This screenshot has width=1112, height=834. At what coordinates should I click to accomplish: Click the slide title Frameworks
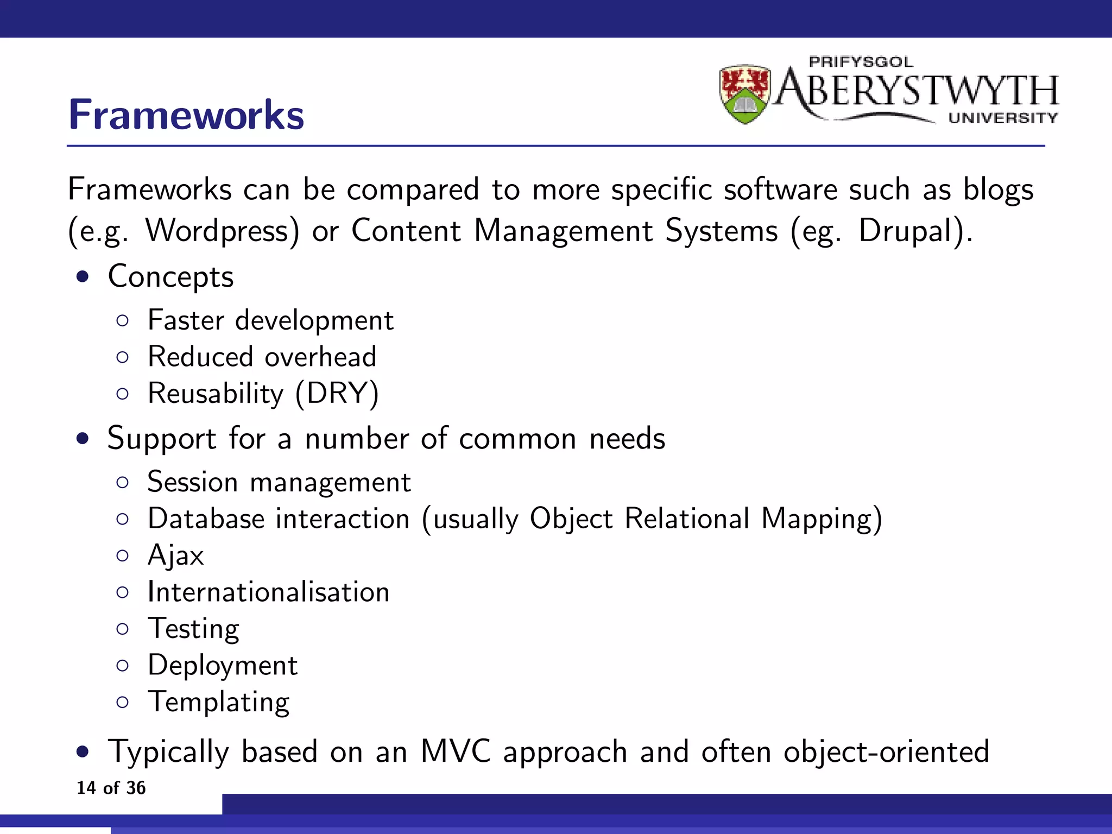(186, 115)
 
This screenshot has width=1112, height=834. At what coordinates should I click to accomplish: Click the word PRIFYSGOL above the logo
(861, 62)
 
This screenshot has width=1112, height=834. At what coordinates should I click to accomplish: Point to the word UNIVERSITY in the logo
(1003, 118)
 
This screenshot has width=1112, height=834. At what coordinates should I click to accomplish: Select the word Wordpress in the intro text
(222, 231)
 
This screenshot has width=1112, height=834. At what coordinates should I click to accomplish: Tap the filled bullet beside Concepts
(83, 277)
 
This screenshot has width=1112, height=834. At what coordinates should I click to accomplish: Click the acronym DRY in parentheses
(337, 393)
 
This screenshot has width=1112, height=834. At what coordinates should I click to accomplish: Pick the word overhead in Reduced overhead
(320, 357)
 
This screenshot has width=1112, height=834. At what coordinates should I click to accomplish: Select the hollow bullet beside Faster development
(123, 321)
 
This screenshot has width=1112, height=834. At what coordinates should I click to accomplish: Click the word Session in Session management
(193, 482)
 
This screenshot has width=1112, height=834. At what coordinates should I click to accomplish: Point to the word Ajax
(176, 555)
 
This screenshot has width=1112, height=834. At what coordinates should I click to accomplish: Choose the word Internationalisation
(269, 592)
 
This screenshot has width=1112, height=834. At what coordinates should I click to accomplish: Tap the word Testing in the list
(194, 629)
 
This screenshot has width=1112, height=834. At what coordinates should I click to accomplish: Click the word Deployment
(223, 665)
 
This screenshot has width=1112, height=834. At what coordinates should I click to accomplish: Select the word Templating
(219, 702)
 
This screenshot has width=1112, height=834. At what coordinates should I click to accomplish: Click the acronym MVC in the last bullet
(456, 752)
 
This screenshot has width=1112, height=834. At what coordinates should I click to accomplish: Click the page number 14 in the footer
(86, 788)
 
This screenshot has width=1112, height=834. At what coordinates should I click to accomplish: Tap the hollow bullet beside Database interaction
(123, 519)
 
